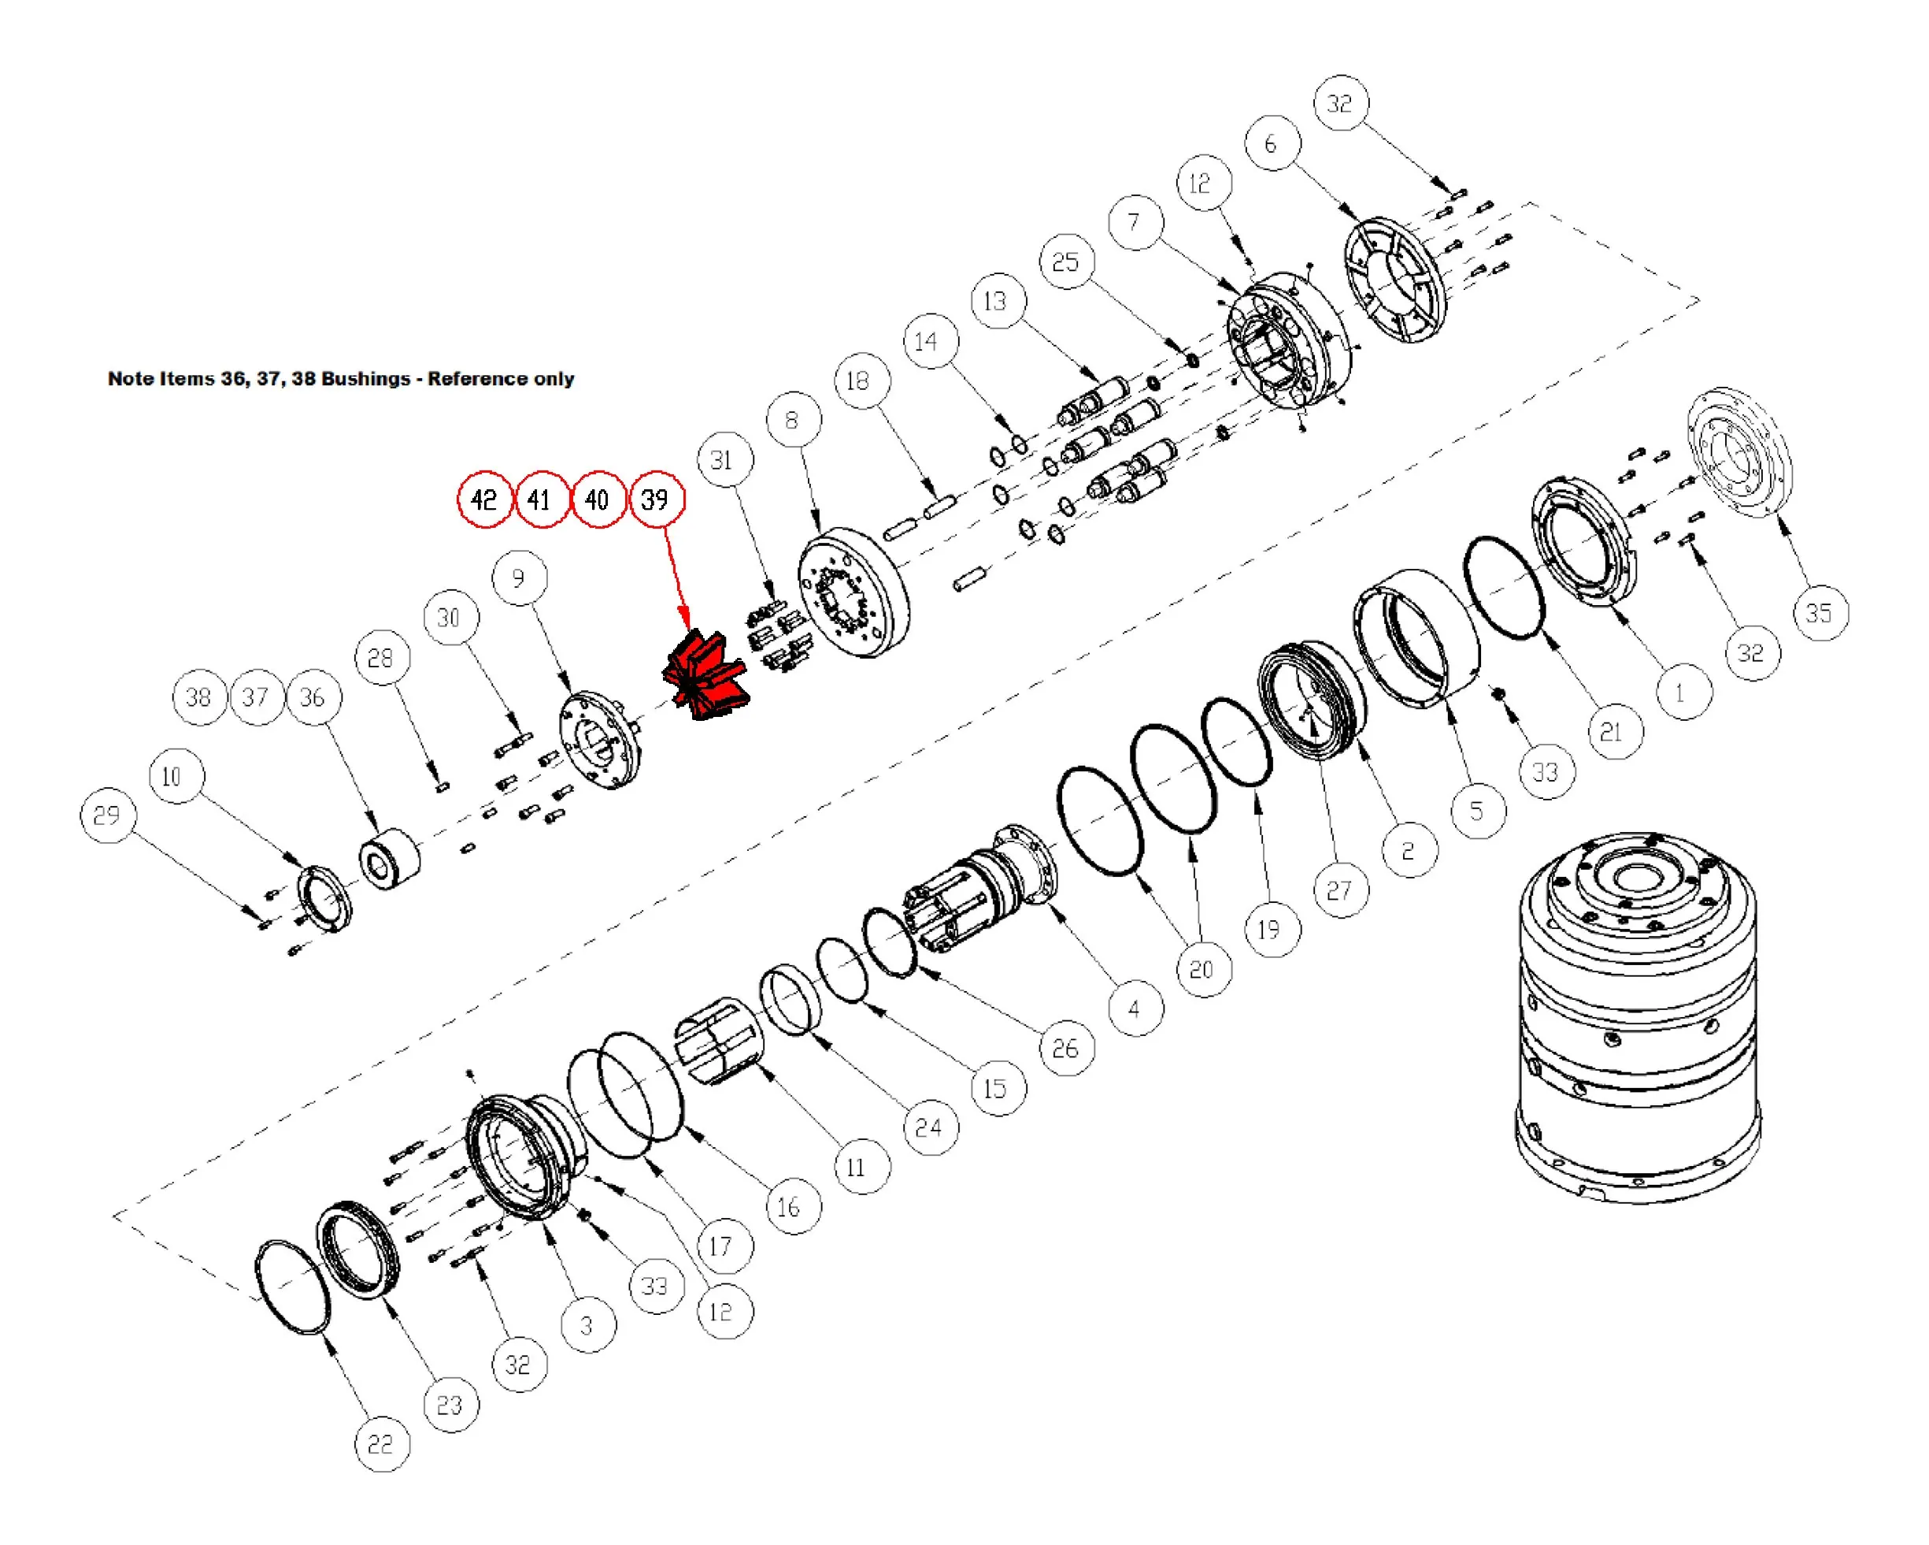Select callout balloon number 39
[656, 500]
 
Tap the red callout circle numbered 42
[484, 500]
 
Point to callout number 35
[1819, 613]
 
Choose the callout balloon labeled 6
[1272, 143]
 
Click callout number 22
[380, 1444]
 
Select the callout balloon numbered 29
[106, 815]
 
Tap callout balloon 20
[1201, 969]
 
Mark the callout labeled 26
[1065, 1048]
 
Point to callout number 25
[1065, 262]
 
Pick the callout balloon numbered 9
[519, 578]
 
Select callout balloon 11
[857, 1168]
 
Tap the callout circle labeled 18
[859, 381]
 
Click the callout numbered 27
[1339, 890]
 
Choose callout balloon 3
[587, 1326]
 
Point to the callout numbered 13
[996, 302]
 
